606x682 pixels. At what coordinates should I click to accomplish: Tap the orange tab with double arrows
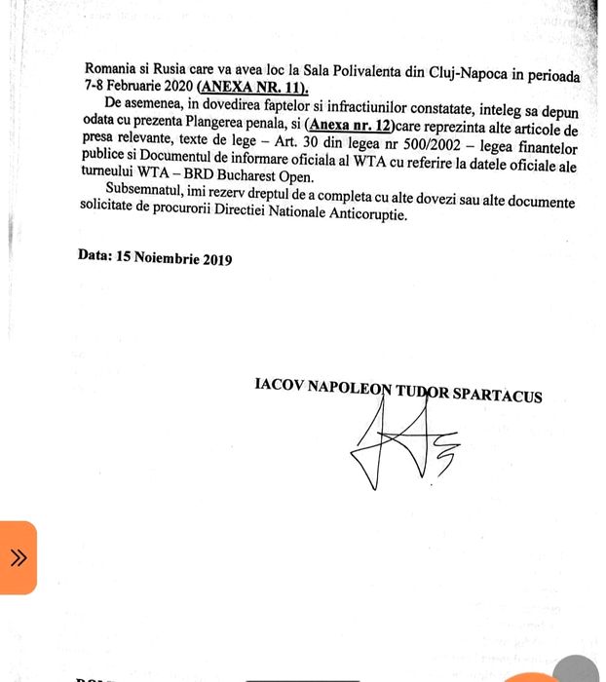pyautogui.click(x=18, y=557)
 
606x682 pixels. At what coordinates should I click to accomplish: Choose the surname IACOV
pyautogui.click(x=279, y=384)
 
